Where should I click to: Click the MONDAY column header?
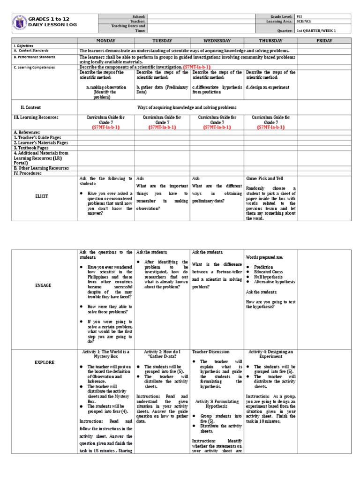(x=105, y=41)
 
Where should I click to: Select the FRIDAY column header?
(x=324, y=41)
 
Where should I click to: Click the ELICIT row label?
(x=41, y=196)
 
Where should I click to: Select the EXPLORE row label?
(x=44, y=362)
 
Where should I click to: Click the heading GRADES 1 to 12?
(x=49, y=19)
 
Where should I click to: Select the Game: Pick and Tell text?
(x=266, y=179)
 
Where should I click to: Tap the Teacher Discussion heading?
(x=211, y=351)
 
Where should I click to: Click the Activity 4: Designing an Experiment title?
(x=270, y=354)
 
